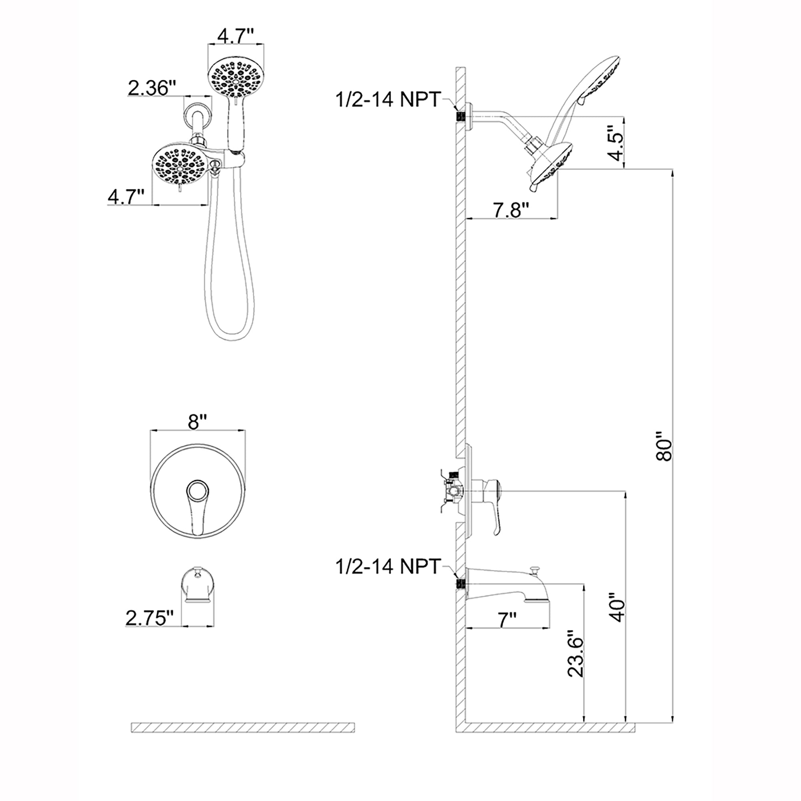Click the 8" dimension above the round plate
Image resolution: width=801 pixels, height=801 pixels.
pyautogui.click(x=197, y=423)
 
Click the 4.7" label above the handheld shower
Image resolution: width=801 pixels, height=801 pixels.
pyautogui.click(x=235, y=37)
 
